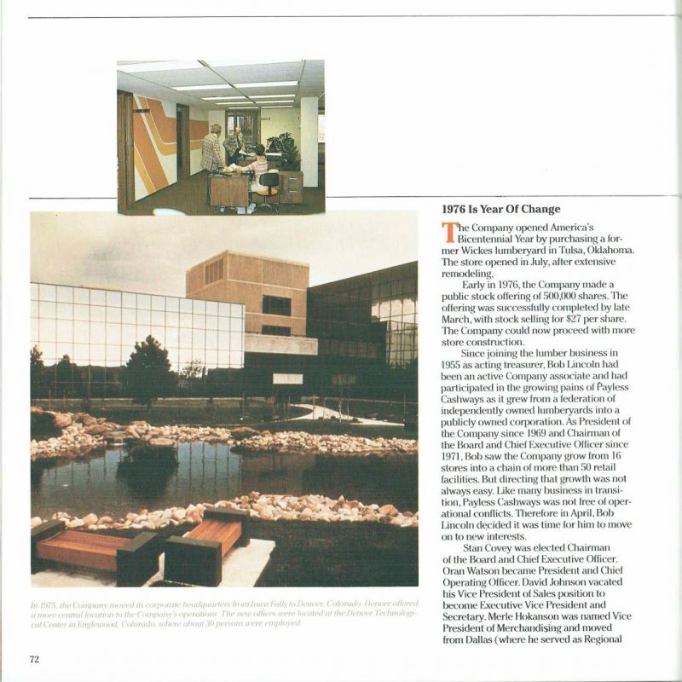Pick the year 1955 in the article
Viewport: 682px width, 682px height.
coord(454,363)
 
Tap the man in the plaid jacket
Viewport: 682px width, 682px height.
coord(212,150)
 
